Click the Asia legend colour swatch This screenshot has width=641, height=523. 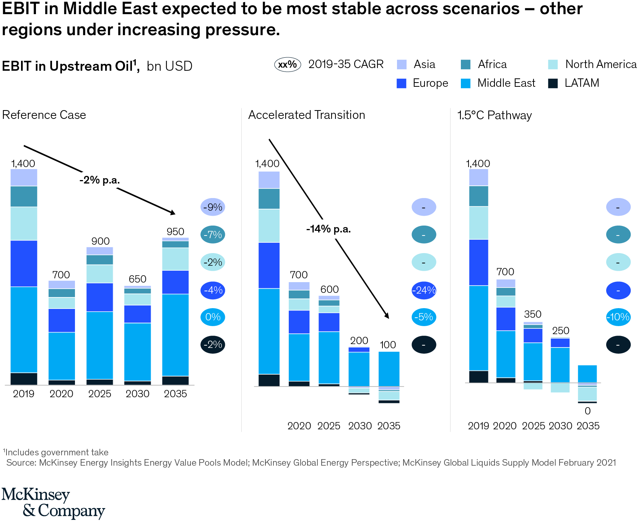point(402,64)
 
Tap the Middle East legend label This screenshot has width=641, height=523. point(506,83)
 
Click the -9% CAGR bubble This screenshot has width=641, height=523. point(213,207)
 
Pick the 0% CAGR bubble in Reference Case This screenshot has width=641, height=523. point(213,317)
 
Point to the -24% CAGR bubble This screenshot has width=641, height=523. point(424,290)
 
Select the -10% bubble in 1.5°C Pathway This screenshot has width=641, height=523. point(618,317)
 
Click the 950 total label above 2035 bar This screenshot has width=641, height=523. point(175,232)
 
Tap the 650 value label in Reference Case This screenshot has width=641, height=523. point(137,279)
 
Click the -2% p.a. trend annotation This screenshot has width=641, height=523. point(99,180)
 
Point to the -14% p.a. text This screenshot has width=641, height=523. point(328,229)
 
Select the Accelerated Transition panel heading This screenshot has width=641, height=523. point(306,115)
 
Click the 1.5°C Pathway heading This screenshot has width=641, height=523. point(494,115)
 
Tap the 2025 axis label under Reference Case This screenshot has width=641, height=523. point(99,394)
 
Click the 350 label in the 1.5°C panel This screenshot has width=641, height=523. point(532,314)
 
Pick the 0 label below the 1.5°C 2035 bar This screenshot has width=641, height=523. point(587,411)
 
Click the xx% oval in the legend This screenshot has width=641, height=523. point(288,65)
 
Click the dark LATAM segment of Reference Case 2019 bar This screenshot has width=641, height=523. point(24,378)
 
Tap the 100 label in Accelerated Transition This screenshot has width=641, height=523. point(387,345)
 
